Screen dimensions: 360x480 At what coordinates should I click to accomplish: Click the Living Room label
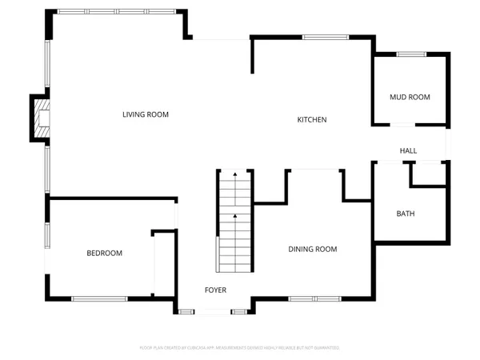click(x=146, y=114)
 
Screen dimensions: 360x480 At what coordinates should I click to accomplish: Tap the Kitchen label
click(x=312, y=120)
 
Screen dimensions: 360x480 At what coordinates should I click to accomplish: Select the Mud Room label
click(x=410, y=98)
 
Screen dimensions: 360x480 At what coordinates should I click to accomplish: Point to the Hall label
click(x=409, y=150)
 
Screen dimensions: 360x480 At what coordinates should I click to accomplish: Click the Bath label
click(x=406, y=214)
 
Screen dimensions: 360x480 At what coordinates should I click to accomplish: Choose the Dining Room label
click(x=312, y=250)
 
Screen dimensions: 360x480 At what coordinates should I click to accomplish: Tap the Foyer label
click(x=215, y=290)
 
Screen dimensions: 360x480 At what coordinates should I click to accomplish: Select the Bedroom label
click(x=105, y=254)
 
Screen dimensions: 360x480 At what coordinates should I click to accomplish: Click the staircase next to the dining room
click(x=234, y=224)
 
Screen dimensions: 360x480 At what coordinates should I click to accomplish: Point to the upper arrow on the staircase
click(x=234, y=174)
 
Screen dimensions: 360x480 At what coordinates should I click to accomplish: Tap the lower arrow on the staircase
click(x=234, y=216)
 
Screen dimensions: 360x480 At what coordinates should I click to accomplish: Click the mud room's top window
click(x=410, y=54)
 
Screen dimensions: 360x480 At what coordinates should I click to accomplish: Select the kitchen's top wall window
click(x=319, y=37)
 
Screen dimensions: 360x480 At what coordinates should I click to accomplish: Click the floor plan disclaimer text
click(x=240, y=348)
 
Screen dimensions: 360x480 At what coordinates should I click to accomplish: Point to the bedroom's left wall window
click(x=46, y=236)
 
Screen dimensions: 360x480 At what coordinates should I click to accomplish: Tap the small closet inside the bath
click(x=427, y=174)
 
